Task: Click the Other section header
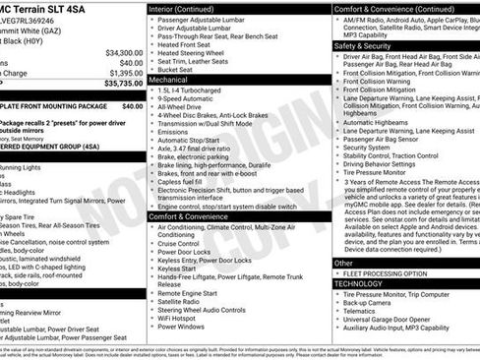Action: tap(343, 263)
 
